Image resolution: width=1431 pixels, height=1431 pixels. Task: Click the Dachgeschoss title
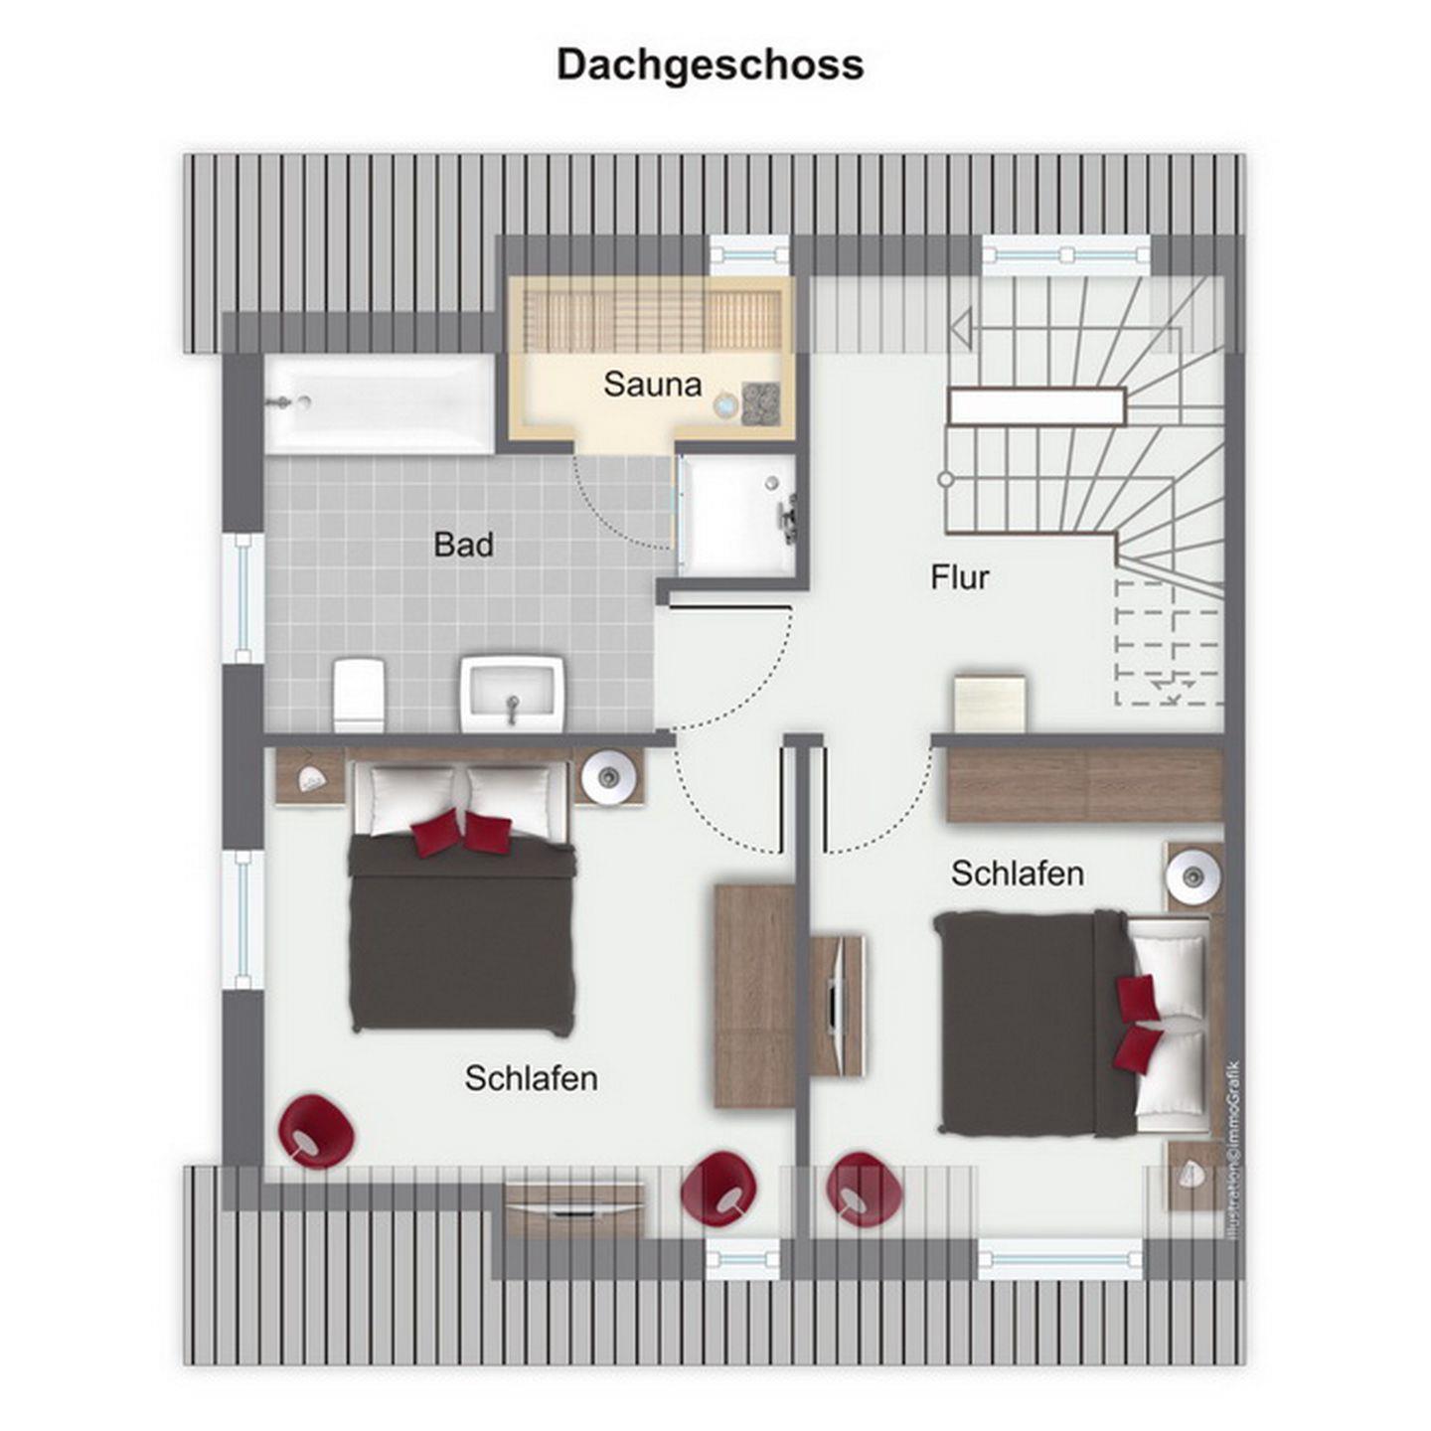[710, 67]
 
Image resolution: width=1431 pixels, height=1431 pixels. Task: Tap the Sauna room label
[652, 384]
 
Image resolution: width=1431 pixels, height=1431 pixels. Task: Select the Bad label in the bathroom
[463, 545]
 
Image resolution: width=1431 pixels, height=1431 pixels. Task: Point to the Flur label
[959, 577]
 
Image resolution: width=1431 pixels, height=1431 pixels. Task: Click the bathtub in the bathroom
[380, 403]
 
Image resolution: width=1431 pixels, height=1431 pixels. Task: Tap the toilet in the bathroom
[360, 694]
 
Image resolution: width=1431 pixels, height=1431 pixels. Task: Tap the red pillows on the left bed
[461, 831]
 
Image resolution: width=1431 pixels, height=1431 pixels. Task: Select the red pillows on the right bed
[1138, 1024]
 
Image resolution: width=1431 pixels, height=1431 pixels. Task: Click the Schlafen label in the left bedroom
[531, 1078]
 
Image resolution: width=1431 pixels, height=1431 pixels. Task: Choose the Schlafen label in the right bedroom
[1018, 874]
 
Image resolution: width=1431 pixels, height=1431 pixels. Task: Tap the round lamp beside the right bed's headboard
[1193, 874]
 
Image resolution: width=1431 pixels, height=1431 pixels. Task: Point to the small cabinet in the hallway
[989, 703]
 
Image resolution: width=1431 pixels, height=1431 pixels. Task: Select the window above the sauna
[748, 254]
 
